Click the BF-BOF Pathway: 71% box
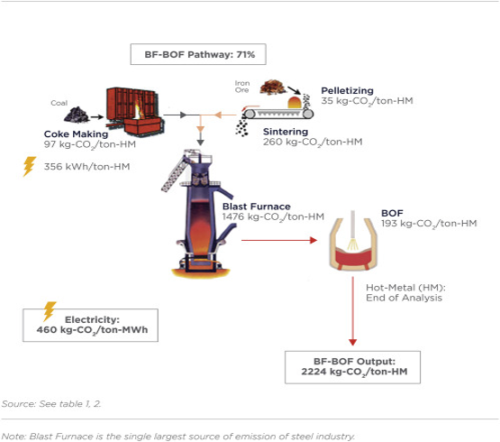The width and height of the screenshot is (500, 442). (198, 54)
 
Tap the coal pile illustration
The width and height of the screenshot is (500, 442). (77, 115)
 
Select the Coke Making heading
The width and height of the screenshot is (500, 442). (76, 134)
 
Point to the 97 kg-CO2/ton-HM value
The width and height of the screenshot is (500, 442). (90, 144)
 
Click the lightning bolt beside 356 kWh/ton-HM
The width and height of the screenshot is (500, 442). (29, 166)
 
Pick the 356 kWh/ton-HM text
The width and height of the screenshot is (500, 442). (86, 166)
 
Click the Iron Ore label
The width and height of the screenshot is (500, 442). (242, 87)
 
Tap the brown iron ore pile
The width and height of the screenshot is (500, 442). (273, 87)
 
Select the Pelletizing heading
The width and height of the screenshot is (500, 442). (347, 91)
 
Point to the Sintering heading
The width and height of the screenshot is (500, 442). (286, 132)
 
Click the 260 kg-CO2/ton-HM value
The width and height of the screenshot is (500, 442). (313, 143)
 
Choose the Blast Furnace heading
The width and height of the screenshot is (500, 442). (257, 207)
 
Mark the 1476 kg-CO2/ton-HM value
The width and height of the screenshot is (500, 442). (273, 216)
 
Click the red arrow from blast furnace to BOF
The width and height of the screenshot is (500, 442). (279, 240)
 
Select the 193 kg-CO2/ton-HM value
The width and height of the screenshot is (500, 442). (429, 224)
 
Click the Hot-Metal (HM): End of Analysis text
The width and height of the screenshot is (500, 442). (405, 292)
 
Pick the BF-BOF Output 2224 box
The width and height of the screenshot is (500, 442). (352, 367)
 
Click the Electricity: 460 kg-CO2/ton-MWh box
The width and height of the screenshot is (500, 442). (90, 325)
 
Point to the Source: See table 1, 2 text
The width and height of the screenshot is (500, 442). (51, 404)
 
